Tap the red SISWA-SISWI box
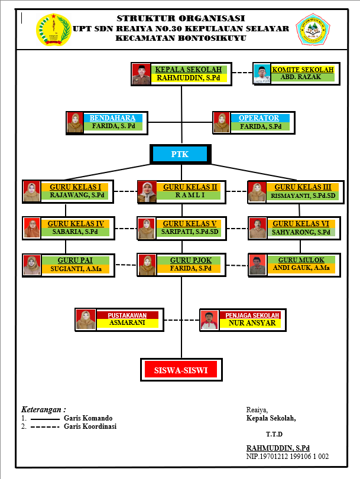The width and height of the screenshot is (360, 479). pos(181,370)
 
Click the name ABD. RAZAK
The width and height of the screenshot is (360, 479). pos(302,77)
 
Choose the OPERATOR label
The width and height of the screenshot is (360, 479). pos(259,118)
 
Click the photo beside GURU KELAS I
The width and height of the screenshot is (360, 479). pos(31,191)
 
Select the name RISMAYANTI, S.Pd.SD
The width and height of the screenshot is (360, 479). pos(303,195)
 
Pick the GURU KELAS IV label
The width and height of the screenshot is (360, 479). pos(76,223)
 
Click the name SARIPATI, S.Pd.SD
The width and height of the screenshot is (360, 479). pos(190,232)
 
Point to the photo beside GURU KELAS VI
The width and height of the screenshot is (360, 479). pos(257,228)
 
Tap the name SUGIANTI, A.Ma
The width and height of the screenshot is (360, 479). pos(76,268)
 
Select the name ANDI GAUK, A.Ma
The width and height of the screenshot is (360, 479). pos(301,268)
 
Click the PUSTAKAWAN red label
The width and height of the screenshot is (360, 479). pos(127,315)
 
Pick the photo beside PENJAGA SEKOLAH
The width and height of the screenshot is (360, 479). pos(208,320)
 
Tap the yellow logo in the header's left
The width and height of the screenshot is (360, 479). pos(53,28)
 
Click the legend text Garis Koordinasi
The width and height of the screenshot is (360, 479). pos(90,426)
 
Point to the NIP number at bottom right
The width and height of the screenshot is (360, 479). pos(287,457)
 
